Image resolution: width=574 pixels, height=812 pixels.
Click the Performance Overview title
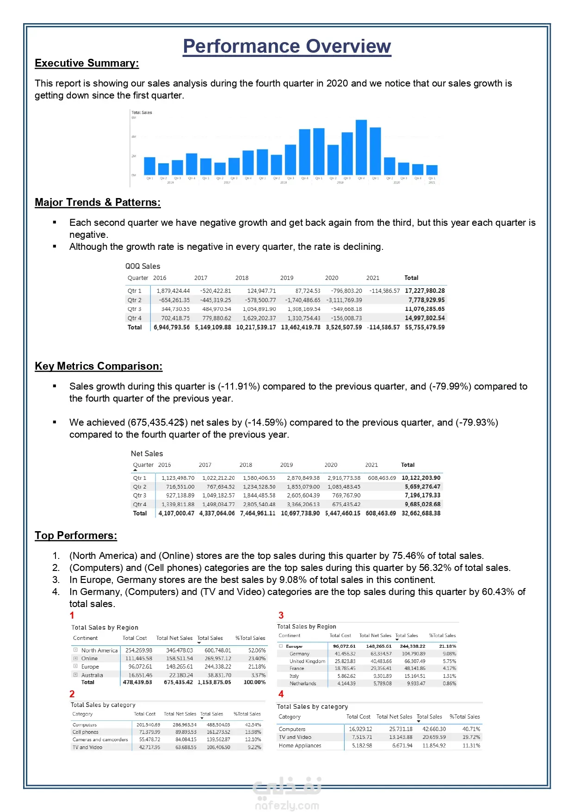tap(287, 46)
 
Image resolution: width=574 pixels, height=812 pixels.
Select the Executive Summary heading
tap(86, 63)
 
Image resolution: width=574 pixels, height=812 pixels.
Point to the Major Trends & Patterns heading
tap(98, 203)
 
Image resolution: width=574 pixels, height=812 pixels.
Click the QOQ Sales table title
tap(142, 267)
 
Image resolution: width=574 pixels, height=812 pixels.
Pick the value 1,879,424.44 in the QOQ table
tap(173, 291)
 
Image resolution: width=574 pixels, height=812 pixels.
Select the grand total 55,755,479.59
tap(425, 327)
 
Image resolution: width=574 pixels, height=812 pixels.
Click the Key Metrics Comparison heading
tap(99, 366)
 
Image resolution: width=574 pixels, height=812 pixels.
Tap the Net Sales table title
tap(147, 454)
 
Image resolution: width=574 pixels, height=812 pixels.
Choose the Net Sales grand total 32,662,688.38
tap(421, 513)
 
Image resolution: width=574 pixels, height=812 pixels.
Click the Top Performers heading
tap(76, 536)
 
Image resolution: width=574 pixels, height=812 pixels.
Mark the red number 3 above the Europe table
tap(281, 615)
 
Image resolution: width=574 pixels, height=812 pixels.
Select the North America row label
tap(99, 651)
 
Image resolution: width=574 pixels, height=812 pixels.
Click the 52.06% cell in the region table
tap(257, 651)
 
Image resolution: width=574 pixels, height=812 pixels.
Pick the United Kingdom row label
tap(307, 662)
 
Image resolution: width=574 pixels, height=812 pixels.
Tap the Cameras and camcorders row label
tap(100, 740)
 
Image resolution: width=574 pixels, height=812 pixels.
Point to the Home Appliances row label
tap(300, 746)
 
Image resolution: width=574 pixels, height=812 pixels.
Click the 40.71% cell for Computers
tap(471, 729)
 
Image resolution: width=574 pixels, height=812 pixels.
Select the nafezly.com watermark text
tap(287, 806)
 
